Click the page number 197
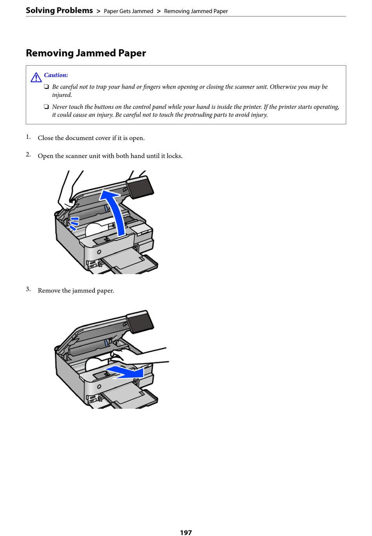tap(186, 532)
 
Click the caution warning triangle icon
tap(36, 77)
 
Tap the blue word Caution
tap(56, 75)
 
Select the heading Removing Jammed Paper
tap(86, 53)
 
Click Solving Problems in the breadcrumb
tap(60, 11)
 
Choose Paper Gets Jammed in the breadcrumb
tap(128, 11)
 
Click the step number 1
tap(28, 137)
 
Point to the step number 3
tap(28, 290)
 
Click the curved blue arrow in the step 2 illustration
tap(114, 211)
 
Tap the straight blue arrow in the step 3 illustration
tap(125, 372)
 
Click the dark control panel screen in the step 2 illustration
tap(140, 187)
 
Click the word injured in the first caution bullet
tap(62, 95)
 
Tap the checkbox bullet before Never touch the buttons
tap(46, 107)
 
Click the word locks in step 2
tap(173, 156)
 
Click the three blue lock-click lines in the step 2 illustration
tap(74, 223)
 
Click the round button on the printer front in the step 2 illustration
tap(99, 252)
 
